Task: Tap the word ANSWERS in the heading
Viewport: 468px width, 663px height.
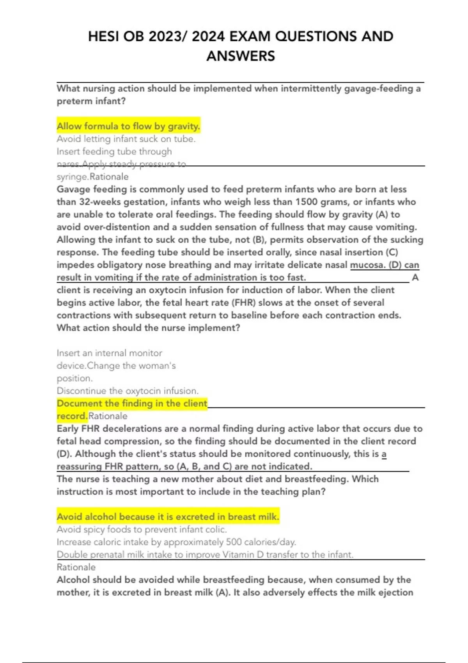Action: pyautogui.click(x=241, y=56)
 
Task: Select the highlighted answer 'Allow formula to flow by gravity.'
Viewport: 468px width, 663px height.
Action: pyautogui.click(x=128, y=126)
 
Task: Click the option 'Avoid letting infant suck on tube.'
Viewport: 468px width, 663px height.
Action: pyautogui.click(x=126, y=139)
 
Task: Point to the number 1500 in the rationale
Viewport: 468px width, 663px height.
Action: pyautogui.click(x=307, y=202)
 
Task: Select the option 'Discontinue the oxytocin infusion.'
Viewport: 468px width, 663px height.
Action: pyautogui.click(x=128, y=391)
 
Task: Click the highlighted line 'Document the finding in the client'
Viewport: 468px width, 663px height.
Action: pyautogui.click(x=132, y=403)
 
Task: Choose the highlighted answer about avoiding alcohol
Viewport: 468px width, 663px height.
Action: pyautogui.click(x=168, y=517)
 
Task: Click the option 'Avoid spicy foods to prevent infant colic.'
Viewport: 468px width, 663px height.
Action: pyautogui.click(x=142, y=529)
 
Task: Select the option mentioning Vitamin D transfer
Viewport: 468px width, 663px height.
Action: pyautogui.click(x=205, y=555)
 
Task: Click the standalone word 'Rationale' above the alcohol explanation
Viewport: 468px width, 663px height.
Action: pyautogui.click(x=76, y=567)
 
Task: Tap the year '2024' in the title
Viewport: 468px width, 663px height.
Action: pyautogui.click(x=208, y=37)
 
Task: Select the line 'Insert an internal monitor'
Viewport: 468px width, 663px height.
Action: pyautogui.click(x=109, y=353)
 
